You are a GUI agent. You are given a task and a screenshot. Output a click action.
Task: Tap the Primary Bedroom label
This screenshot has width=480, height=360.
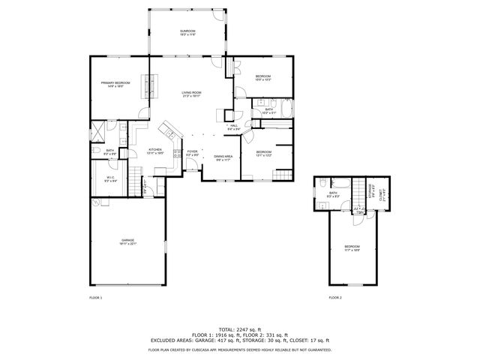(x=115, y=85)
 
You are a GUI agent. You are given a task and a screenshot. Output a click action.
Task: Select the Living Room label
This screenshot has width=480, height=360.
(x=191, y=94)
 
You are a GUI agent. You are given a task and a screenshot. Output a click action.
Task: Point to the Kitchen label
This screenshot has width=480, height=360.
(x=155, y=151)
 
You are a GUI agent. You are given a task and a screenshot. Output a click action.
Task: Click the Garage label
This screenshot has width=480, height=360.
(x=128, y=241)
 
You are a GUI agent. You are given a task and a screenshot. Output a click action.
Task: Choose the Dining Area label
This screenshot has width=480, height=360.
(x=223, y=157)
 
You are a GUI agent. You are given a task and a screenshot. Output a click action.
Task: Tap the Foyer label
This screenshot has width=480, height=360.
(x=192, y=152)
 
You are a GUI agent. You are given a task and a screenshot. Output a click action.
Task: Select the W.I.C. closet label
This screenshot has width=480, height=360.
(x=110, y=179)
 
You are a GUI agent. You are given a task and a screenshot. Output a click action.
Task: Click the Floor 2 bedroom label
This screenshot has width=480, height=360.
(x=352, y=248)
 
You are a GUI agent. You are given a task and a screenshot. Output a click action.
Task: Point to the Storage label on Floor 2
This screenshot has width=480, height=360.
(x=369, y=194)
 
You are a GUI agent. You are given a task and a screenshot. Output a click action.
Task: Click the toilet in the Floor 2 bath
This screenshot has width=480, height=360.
(x=321, y=184)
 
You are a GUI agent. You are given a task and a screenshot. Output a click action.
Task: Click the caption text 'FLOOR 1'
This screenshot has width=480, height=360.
(x=95, y=298)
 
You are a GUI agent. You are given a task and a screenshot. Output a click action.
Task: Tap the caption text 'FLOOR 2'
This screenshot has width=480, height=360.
(x=334, y=298)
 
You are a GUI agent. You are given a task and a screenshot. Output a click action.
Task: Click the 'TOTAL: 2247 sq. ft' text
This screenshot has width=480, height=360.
(x=240, y=329)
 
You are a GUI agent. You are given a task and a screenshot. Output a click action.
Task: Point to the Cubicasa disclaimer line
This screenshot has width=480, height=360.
(x=240, y=349)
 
